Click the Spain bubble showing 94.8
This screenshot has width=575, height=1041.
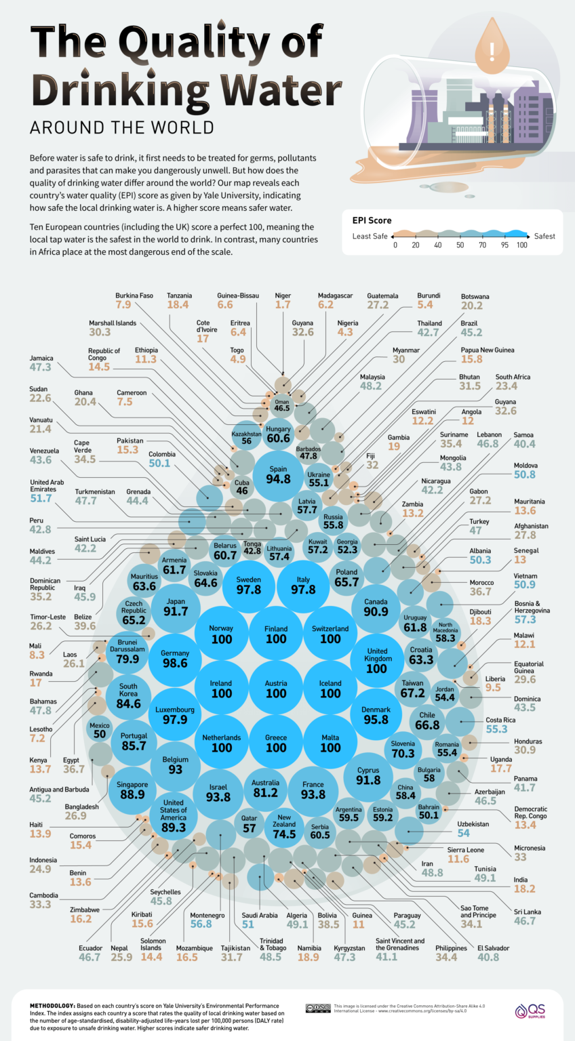coord(278,474)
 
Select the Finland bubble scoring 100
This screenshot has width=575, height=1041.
coord(276,634)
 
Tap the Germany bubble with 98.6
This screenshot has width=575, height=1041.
coord(175,658)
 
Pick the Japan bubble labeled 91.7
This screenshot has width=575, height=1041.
coord(175,606)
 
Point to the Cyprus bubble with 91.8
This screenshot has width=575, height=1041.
coord(368,775)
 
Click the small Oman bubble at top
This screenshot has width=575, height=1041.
coord(281,405)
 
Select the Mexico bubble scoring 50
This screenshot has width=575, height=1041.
coord(100,730)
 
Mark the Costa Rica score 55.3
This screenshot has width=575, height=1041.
coord(496,729)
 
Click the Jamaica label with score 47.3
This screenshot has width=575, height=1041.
coord(41,367)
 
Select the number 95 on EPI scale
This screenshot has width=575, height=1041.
coord(504,245)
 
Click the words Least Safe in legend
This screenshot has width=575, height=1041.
coord(370,237)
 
